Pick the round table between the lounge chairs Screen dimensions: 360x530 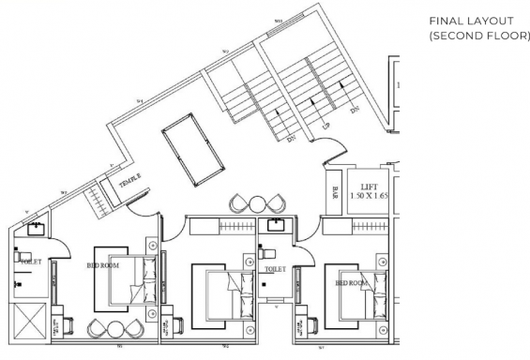tap(257, 202)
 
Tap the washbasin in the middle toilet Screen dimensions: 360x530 tap(276, 225)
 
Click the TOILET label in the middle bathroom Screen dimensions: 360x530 tap(275, 268)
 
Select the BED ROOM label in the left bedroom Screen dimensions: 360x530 tap(104, 265)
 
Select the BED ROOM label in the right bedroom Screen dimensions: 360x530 tap(350, 283)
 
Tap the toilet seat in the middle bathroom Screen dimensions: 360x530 tap(266, 253)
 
